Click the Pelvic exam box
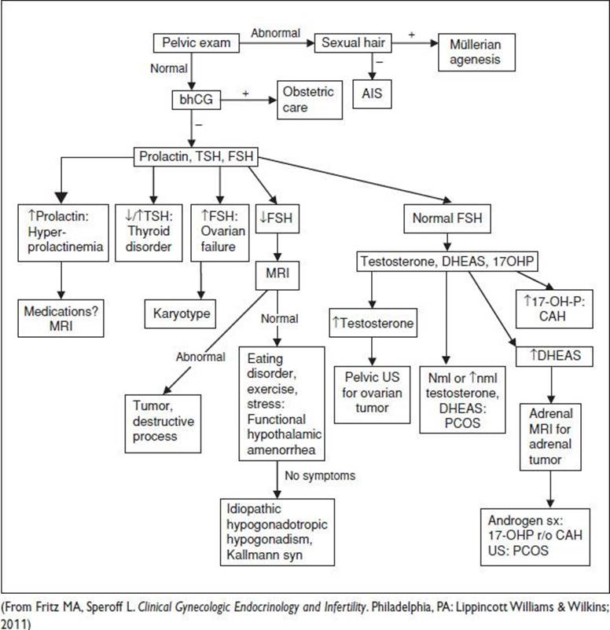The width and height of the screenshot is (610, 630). click(x=197, y=43)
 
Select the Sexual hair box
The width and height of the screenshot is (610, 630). click(x=353, y=43)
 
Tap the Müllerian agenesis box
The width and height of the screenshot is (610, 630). click(x=476, y=52)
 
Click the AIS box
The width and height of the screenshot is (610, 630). click(x=372, y=94)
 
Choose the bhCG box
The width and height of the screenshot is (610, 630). click(x=197, y=100)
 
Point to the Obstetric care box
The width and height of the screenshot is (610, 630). click(x=310, y=100)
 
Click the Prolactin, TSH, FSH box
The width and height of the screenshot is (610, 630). click(x=196, y=156)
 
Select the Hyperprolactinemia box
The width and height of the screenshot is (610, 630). click(x=63, y=233)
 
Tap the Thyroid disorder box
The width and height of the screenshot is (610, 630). click(x=149, y=233)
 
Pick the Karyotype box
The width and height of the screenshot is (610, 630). click(x=180, y=313)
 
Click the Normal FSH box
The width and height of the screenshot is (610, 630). click(x=447, y=218)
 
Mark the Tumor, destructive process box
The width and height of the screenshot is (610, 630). click(x=163, y=423)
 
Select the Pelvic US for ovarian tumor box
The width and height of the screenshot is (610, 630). click(x=372, y=394)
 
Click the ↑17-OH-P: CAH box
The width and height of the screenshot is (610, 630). click(x=554, y=309)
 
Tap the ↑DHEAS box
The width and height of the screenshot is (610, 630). click(x=554, y=356)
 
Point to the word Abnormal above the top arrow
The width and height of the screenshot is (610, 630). click(x=275, y=33)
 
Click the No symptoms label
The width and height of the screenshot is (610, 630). click(x=320, y=476)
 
